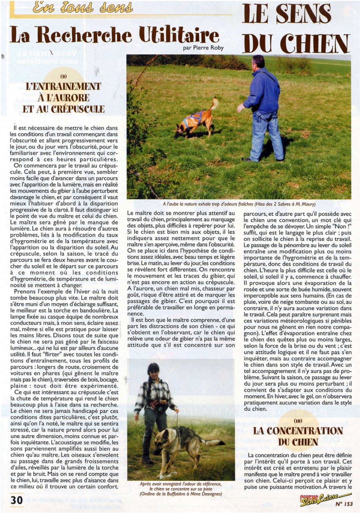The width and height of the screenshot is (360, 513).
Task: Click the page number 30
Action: (x=16, y=500)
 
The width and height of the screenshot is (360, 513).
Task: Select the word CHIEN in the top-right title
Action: (x=314, y=44)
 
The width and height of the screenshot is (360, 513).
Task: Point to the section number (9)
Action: (x=63, y=76)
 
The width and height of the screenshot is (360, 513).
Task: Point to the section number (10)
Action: (x=298, y=421)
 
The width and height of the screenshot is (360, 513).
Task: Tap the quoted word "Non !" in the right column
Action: (x=341, y=226)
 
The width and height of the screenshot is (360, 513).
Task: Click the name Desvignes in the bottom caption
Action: (x=210, y=494)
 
